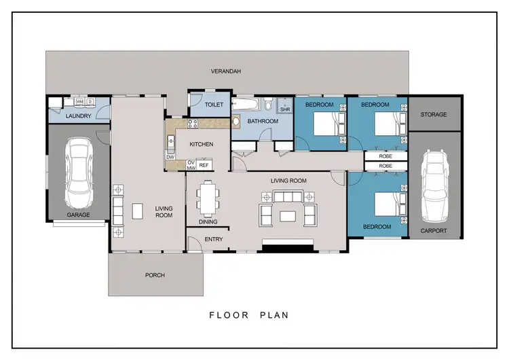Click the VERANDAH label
tap(226, 71)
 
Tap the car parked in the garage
tap(78, 175)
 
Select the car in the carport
tap(435, 186)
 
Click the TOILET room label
tap(214, 105)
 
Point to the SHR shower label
tap(285, 109)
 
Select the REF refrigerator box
tap(204, 165)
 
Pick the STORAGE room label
tap(434, 115)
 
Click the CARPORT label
tap(434, 231)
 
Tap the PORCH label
tap(155, 275)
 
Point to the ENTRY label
tap(213, 239)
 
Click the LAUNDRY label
tap(79, 116)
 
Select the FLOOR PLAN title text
tap(249, 315)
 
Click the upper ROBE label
tap(385, 156)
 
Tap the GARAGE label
tap(78, 215)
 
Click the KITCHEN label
tap(202, 144)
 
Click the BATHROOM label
tap(263, 122)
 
